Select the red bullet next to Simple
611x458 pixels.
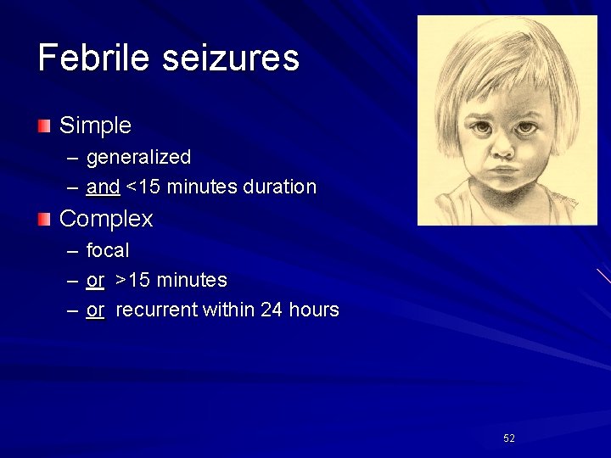point(44,126)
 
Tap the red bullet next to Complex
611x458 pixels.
point(44,220)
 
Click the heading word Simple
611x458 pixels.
point(95,126)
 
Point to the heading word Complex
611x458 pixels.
point(106,220)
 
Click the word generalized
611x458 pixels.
point(138,158)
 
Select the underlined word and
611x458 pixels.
point(103,187)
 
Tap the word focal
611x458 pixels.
point(108,251)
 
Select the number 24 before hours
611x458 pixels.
point(272,310)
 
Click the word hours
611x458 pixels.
point(313,310)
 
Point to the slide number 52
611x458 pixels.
point(509,438)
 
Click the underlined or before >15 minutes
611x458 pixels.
point(95,281)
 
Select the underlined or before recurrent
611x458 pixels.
point(95,310)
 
